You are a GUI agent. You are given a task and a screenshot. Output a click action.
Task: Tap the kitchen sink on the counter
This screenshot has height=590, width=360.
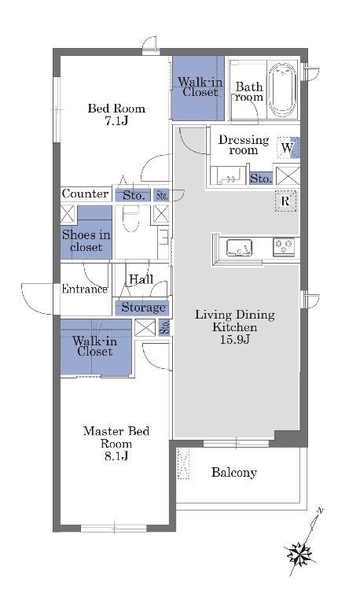click(x=239, y=248)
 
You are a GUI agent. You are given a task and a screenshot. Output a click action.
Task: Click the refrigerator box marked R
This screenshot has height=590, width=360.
click(x=285, y=201)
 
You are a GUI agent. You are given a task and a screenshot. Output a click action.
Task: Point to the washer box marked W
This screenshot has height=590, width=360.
click(x=288, y=147)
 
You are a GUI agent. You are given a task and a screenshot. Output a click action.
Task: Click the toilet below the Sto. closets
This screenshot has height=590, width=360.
click(x=130, y=220)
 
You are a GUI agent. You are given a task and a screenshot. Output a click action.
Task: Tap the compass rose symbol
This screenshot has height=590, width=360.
click(x=300, y=554)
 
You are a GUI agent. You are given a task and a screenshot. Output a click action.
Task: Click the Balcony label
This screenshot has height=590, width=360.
click(x=233, y=472)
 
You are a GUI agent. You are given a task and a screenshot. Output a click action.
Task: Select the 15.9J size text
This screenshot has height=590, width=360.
click(x=235, y=339)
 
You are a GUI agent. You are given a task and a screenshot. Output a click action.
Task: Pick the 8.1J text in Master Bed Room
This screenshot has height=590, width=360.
click(x=116, y=456)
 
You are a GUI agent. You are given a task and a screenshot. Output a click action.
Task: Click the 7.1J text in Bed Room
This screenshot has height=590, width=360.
click(x=116, y=121)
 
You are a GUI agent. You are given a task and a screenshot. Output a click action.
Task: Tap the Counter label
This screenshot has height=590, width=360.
click(x=86, y=194)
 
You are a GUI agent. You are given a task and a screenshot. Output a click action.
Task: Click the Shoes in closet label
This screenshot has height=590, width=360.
click(x=86, y=241)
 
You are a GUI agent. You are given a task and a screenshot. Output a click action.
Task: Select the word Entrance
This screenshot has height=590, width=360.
click(x=85, y=289)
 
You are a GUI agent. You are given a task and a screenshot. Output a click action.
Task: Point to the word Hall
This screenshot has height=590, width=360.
click(x=141, y=279)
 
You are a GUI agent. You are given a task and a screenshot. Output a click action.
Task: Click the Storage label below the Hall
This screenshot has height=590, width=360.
click(x=143, y=308)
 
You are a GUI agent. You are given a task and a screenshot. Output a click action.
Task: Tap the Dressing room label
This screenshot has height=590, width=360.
click(x=244, y=145)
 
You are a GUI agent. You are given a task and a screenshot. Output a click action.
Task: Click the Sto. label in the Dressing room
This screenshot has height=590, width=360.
click(x=261, y=178)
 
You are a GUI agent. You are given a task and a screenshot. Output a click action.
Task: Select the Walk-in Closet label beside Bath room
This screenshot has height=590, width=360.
click(x=200, y=87)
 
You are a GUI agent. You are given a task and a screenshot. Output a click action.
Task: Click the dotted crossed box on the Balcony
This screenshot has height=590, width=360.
click(x=183, y=464)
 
